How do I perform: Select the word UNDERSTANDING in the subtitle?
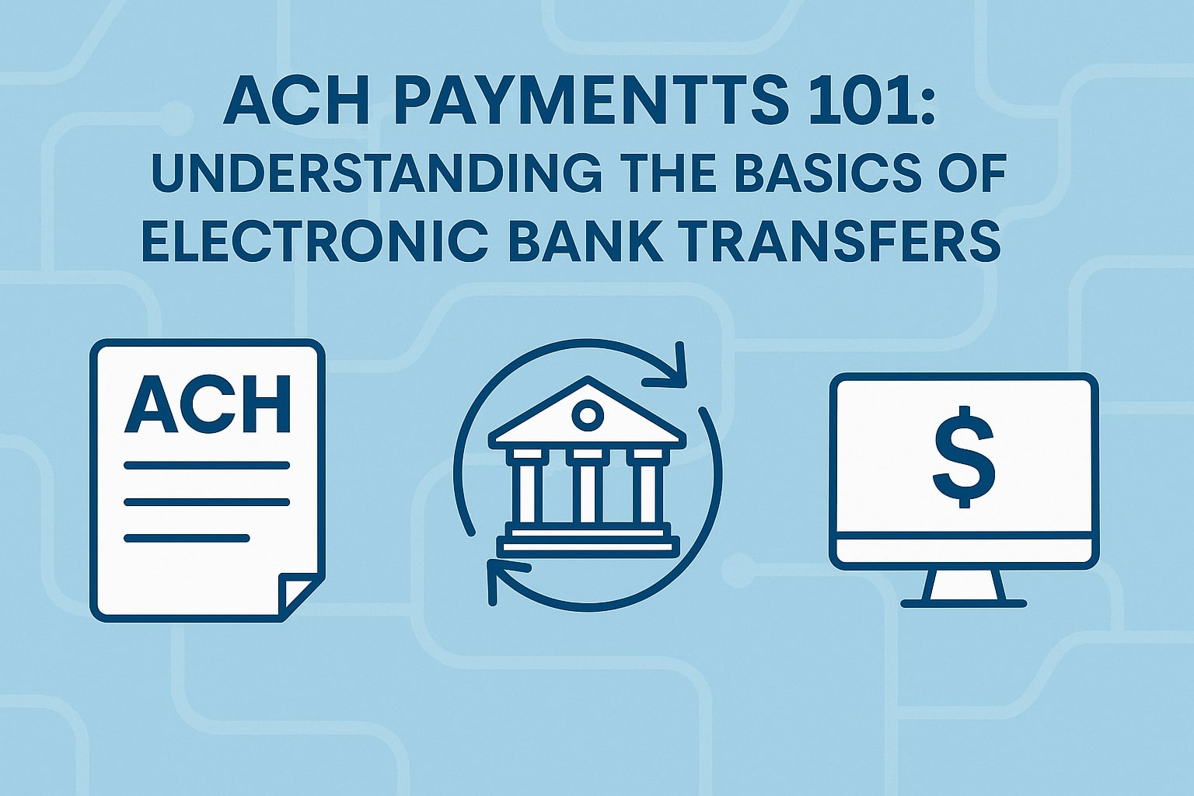pyautogui.click(x=376, y=174)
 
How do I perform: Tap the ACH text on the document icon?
pyautogui.click(x=208, y=404)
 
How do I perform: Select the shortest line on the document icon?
pyautogui.click(x=187, y=538)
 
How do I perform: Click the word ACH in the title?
pyautogui.click(x=296, y=103)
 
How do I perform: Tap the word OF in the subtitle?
pyautogui.click(x=971, y=174)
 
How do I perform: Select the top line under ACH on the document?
pyautogui.click(x=206, y=466)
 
